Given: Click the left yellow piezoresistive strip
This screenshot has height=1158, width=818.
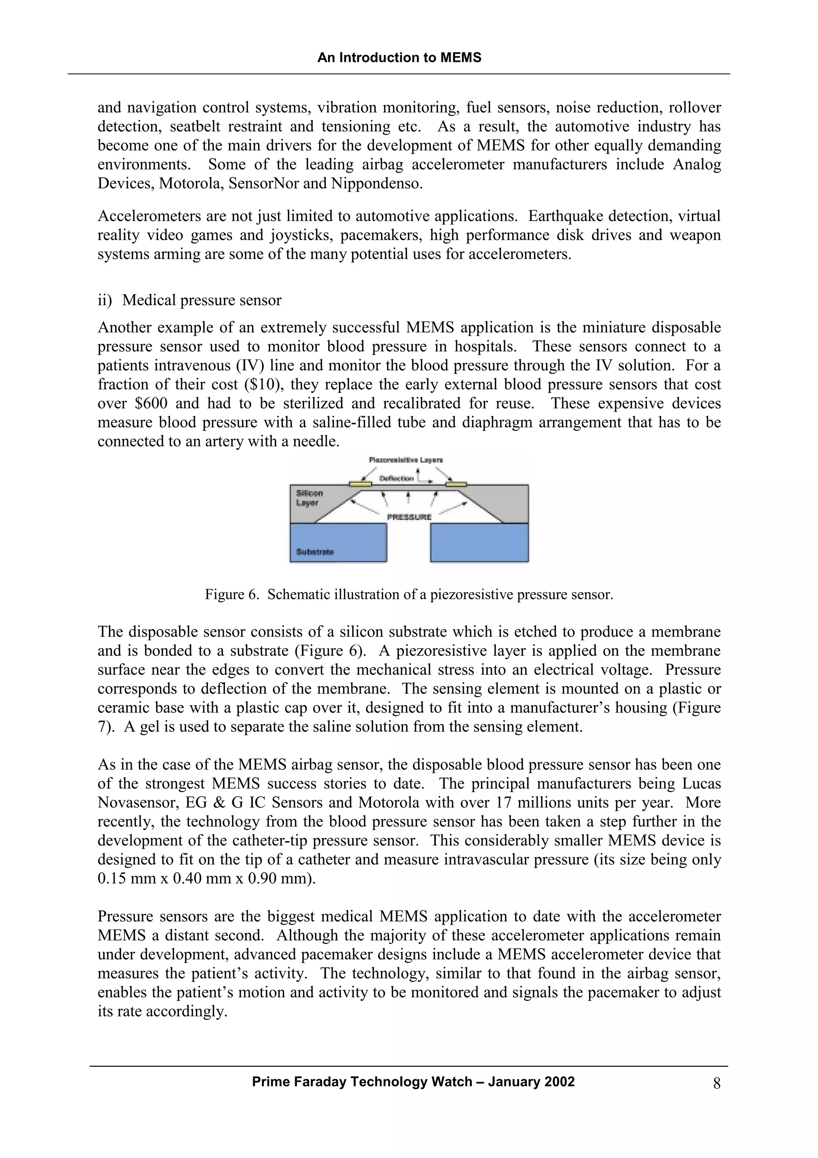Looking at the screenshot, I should click(360, 483).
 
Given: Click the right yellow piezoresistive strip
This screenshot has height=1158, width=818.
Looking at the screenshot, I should click(456, 484).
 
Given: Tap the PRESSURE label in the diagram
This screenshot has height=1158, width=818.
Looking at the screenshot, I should click(409, 517).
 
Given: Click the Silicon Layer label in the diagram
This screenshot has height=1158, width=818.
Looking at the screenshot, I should click(309, 498).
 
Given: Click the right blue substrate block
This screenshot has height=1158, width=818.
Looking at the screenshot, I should click(479, 542).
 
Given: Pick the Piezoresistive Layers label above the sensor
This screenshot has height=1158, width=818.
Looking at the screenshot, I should click(406, 460).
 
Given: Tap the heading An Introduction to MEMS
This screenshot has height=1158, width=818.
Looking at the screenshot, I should click(399, 58).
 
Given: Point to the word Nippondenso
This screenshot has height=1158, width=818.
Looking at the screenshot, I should click(377, 183).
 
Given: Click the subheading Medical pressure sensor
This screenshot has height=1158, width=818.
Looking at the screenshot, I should click(202, 300).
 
